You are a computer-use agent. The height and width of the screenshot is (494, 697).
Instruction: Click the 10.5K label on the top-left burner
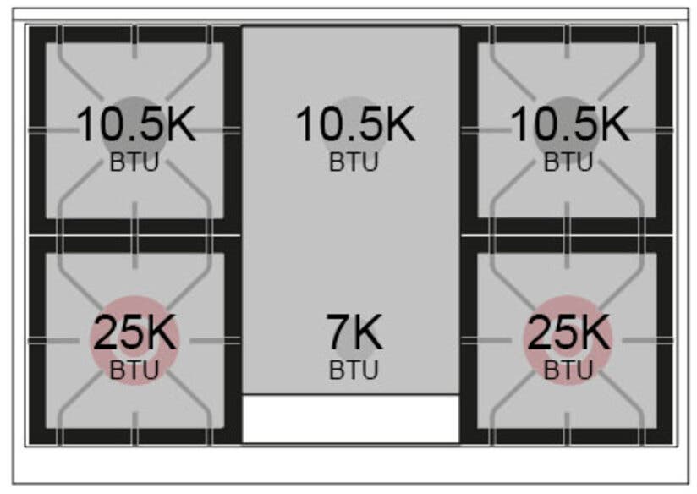pyautogui.click(x=136, y=124)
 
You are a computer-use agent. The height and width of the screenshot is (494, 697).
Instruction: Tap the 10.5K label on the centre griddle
pyautogui.click(x=355, y=124)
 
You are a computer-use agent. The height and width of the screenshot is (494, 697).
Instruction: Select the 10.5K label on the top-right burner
pyautogui.click(x=570, y=124)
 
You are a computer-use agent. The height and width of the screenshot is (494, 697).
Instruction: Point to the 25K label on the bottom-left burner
pyautogui.click(x=134, y=332)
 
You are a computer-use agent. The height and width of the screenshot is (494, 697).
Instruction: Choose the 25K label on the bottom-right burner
pyautogui.click(x=568, y=332)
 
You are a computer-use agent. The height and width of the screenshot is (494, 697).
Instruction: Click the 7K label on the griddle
pyautogui.click(x=354, y=332)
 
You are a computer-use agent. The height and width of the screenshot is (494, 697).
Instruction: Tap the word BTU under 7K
pyautogui.click(x=354, y=370)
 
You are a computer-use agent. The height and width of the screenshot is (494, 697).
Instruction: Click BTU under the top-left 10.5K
pyautogui.click(x=134, y=162)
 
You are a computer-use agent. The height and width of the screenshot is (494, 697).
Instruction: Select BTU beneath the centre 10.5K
pyautogui.click(x=354, y=162)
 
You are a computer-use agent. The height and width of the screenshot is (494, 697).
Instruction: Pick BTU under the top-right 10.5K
pyautogui.click(x=568, y=162)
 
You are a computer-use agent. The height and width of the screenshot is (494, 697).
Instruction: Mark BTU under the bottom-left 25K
pyautogui.click(x=134, y=370)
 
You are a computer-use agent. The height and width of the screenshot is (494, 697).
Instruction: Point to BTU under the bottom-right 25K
pyautogui.click(x=568, y=370)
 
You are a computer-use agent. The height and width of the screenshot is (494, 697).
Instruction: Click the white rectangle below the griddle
pyautogui.click(x=351, y=419)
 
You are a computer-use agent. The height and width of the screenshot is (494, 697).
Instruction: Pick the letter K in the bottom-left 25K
pyautogui.click(x=161, y=332)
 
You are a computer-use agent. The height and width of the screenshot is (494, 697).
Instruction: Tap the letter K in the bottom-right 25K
pyautogui.click(x=595, y=332)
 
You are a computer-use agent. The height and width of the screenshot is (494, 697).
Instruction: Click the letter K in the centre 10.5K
pyautogui.click(x=399, y=124)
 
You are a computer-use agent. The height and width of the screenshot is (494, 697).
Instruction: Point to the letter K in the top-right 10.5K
pyautogui.click(x=614, y=124)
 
